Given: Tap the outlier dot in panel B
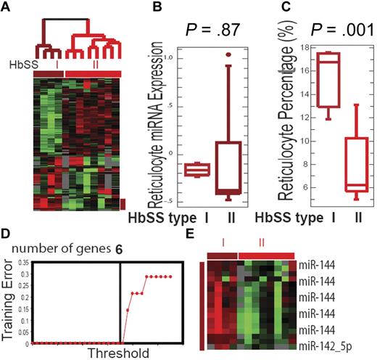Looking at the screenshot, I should (228, 54).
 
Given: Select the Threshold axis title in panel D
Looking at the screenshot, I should (118, 353).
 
